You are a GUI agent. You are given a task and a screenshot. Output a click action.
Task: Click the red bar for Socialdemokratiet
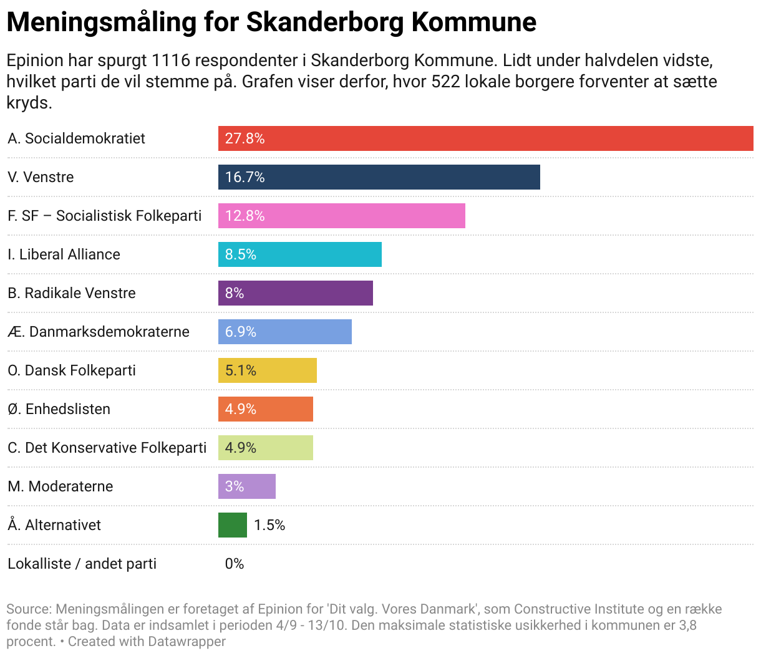tap(485, 138)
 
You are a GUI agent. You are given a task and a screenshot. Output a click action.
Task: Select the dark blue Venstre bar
tap(379, 177)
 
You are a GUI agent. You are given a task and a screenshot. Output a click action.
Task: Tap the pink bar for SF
tap(341, 216)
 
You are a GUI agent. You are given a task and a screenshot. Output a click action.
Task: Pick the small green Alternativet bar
tap(232, 525)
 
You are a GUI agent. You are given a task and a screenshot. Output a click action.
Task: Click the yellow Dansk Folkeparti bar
tap(267, 370)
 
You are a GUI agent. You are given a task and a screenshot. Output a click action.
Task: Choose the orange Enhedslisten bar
tap(265, 409)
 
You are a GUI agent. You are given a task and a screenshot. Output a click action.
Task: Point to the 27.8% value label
tap(245, 138)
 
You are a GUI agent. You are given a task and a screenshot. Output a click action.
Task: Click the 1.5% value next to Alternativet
tap(269, 525)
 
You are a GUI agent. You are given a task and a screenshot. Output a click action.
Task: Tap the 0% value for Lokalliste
tap(235, 564)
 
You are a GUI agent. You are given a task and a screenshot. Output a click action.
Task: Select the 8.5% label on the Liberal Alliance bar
tap(241, 254)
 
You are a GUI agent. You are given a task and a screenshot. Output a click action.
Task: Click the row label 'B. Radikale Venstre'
tap(72, 293)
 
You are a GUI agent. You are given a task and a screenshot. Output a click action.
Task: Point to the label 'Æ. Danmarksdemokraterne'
tap(99, 332)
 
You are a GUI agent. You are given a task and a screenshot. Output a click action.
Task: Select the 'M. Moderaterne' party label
tap(61, 486)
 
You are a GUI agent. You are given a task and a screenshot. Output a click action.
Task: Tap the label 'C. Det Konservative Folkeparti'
tap(107, 448)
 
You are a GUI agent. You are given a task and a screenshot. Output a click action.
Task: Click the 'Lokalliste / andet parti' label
tap(82, 564)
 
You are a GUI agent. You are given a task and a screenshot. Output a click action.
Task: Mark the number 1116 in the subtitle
tap(169, 60)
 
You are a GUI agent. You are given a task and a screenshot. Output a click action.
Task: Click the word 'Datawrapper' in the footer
tap(187, 641)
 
